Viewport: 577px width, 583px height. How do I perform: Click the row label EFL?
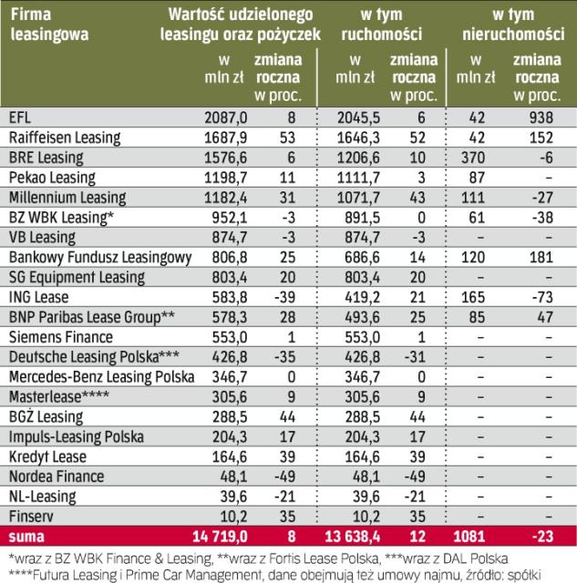[x=18, y=118]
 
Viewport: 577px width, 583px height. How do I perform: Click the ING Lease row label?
[x=36, y=296]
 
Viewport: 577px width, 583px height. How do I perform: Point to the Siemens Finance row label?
[x=54, y=335]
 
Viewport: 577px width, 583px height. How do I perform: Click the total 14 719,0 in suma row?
[x=215, y=536]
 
